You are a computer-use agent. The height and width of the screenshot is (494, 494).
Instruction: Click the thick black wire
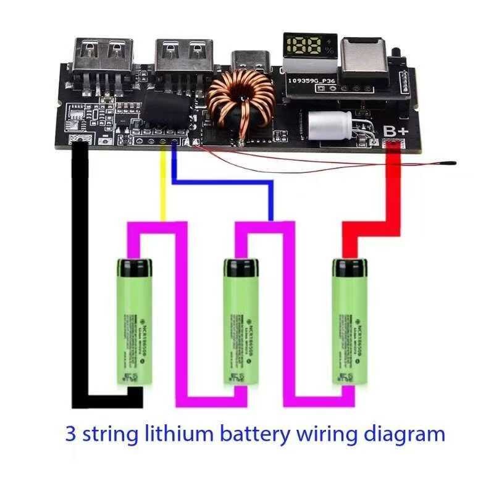coord(80,278)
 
